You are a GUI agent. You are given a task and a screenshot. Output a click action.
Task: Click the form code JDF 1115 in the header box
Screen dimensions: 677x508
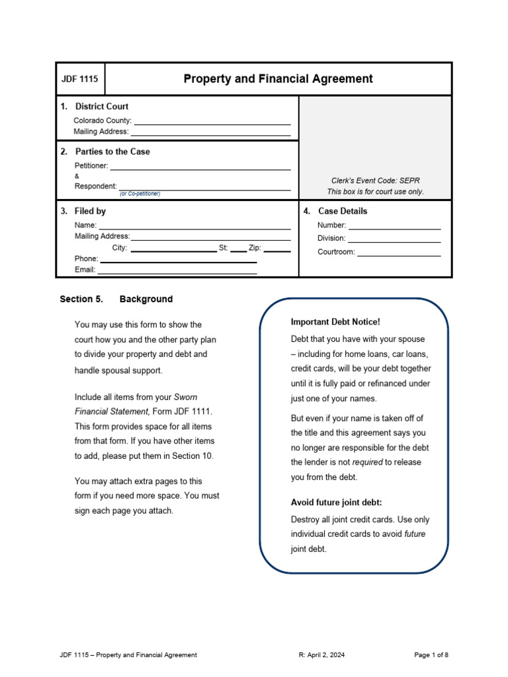pos(79,79)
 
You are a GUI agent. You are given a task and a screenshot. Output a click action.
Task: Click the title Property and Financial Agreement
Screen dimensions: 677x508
pos(278,79)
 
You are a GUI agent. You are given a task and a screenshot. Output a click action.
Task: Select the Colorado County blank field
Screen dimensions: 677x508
pos(212,121)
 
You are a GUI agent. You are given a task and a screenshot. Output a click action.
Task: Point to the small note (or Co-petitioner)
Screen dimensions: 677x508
pos(140,194)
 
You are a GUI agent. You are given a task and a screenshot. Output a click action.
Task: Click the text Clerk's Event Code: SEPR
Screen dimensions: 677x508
pos(375,180)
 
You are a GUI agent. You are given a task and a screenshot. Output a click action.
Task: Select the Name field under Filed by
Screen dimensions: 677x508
pos(194,225)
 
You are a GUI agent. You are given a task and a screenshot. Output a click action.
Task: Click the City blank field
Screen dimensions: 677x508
pos(173,249)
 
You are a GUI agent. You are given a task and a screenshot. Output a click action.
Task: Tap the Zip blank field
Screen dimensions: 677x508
pos(277,249)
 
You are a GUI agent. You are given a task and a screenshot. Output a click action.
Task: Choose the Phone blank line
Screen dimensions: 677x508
pos(179,259)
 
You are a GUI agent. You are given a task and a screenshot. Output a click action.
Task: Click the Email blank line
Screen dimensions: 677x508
pos(177,270)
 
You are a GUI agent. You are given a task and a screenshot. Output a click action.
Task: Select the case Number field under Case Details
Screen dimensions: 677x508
pos(395,226)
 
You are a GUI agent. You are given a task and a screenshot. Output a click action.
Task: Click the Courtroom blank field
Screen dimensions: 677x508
pos(399,253)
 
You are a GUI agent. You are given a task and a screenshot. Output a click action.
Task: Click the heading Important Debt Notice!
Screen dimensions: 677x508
pos(335,322)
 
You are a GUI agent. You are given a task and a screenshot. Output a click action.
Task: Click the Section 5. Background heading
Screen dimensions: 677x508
pos(116,299)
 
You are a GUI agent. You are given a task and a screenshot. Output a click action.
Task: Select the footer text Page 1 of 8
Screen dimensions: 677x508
pos(431,655)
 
